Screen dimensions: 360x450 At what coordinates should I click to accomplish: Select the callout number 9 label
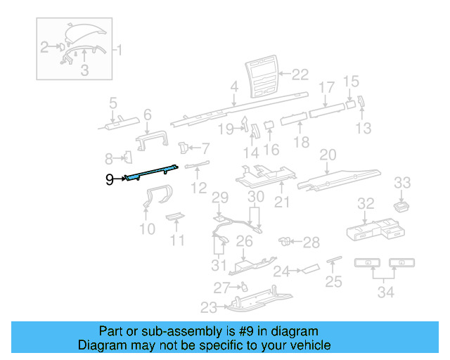coord(109,180)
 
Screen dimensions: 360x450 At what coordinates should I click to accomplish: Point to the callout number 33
coord(402,183)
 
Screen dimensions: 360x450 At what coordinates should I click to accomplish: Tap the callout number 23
coord(209,307)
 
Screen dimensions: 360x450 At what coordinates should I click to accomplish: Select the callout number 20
coord(328,155)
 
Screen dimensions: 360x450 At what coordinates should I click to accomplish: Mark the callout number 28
coord(311,242)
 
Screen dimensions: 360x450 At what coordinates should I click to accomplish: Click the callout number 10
coord(148,229)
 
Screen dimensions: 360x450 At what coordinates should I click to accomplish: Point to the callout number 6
coord(148,115)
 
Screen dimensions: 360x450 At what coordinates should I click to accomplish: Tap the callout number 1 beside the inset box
coord(119,50)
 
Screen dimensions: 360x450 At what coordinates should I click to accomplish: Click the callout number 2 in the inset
coord(44,48)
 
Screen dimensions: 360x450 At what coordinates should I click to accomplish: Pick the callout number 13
coord(363,128)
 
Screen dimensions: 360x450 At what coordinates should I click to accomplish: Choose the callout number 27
coord(221,287)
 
